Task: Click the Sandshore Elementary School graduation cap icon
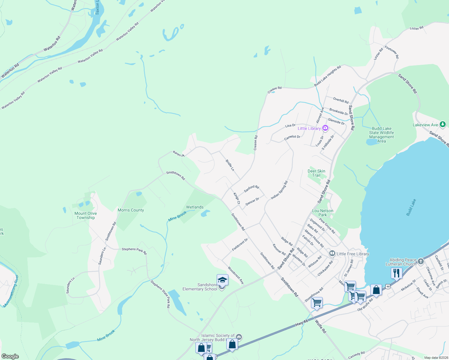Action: click(x=222, y=280)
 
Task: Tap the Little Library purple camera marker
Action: click(x=325, y=128)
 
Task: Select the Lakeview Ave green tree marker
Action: click(x=442, y=124)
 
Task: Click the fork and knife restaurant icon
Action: click(x=396, y=273)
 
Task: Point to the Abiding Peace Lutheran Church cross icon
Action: click(x=421, y=262)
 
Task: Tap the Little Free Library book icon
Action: click(x=332, y=254)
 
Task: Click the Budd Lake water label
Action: click(x=411, y=207)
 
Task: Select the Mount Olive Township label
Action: click(x=86, y=215)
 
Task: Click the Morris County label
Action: click(x=131, y=210)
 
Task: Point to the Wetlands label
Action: click(x=195, y=207)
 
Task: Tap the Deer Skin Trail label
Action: click(x=316, y=173)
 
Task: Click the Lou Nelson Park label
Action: click(x=323, y=213)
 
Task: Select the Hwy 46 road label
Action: click(x=301, y=323)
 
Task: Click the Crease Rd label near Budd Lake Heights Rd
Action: click(x=274, y=89)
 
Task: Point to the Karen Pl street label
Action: click(x=179, y=154)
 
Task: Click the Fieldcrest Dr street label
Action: click(x=240, y=244)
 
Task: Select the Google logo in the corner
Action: click(x=10, y=356)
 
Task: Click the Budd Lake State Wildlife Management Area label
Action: click(x=381, y=135)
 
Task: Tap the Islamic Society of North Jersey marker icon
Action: click(x=239, y=337)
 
